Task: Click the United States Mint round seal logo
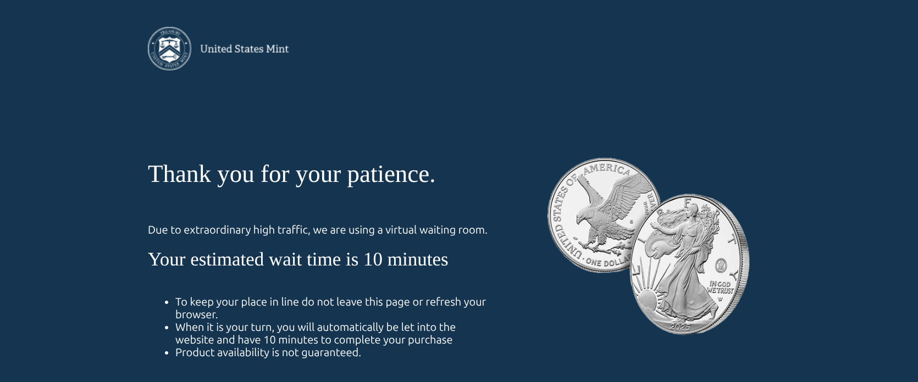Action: pyautogui.click(x=169, y=48)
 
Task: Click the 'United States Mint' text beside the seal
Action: pyautogui.click(x=245, y=49)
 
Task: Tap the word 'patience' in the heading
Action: pyautogui.click(x=391, y=174)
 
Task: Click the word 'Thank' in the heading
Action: pyautogui.click(x=180, y=174)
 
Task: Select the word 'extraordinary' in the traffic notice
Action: pyautogui.click(x=217, y=230)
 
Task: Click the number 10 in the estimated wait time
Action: pyautogui.click(x=373, y=259)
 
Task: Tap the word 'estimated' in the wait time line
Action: pyautogui.click(x=227, y=259)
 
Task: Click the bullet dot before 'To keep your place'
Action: pyautogui.click(x=167, y=302)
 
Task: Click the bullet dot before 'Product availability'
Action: pyautogui.click(x=167, y=353)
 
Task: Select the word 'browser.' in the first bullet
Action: pyautogui.click(x=197, y=314)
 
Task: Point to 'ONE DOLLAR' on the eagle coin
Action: pyautogui.click(x=608, y=262)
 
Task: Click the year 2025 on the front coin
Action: pyautogui.click(x=681, y=327)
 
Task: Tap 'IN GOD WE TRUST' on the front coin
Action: pyautogui.click(x=721, y=287)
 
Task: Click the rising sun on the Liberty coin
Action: pyautogui.click(x=646, y=301)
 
